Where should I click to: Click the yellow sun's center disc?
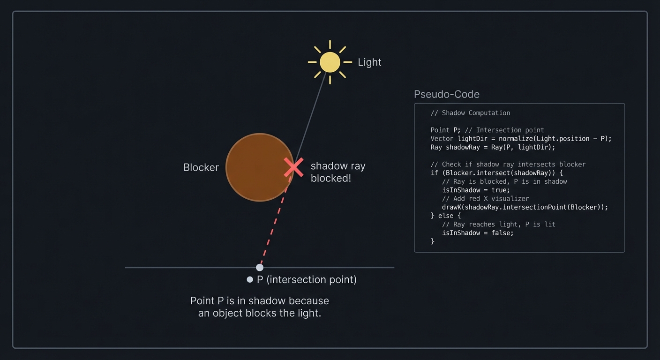pyautogui.click(x=330, y=62)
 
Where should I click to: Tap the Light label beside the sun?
pyautogui.click(x=369, y=62)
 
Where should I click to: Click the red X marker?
pyautogui.click(x=294, y=167)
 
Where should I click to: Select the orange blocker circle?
pyautogui.click(x=260, y=167)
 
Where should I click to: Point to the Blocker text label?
pyautogui.click(x=201, y=167)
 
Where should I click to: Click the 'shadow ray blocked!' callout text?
pyautogui.click(x=338, y=172)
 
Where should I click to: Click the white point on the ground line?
pyautogui.click(x=260, y=268)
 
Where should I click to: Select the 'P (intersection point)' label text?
pyautogui.click(x=307, y=279)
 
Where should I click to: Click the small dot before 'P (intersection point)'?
pyautogui.click(x=250, y=279)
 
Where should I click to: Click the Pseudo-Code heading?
pyautogui.click(x=447, y=94)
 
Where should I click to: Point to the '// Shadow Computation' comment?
pyautogui.click(x=470, y=113)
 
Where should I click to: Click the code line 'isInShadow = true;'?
pyautogui.click(x=476, y=190)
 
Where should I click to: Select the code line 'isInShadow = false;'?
pyautogui.click(x=478, y=233)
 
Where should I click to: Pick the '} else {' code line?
pyautogui.click(x=445, y=216)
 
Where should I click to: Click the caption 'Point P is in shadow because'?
pyautogui.click(x=260, y=301)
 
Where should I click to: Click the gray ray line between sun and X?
pyautogui.click(x=311, y=116)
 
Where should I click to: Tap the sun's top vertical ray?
pyautogui.click(x=330, y=45)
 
